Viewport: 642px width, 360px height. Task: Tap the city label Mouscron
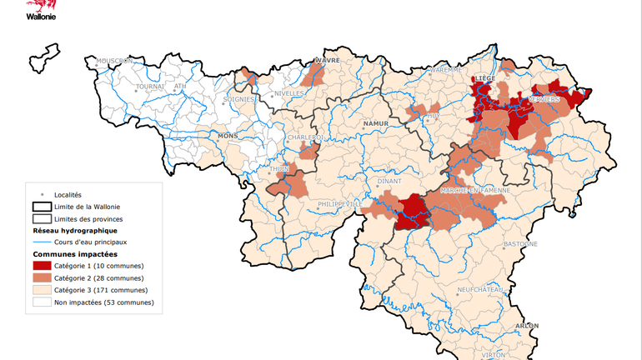click(x=115, y=61)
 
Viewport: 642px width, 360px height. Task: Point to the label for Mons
click(x=228, y=135)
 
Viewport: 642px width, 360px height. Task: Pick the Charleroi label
click(x=304, y=137)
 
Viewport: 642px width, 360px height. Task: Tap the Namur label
click(x=376, y=122)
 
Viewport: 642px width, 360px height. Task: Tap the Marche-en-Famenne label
click(x=474, y=190)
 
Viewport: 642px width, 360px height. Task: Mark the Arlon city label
click(x=527, y=326)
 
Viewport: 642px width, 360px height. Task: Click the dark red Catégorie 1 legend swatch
click(x=42, y=265)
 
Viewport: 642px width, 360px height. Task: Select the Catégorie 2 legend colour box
click(x=42, y=277)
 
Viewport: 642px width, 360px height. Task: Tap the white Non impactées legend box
click(x=42, y=302)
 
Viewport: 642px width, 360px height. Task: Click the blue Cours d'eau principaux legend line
click(x=42, y=242)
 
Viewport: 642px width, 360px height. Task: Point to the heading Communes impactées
click(x=75, y=253)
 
